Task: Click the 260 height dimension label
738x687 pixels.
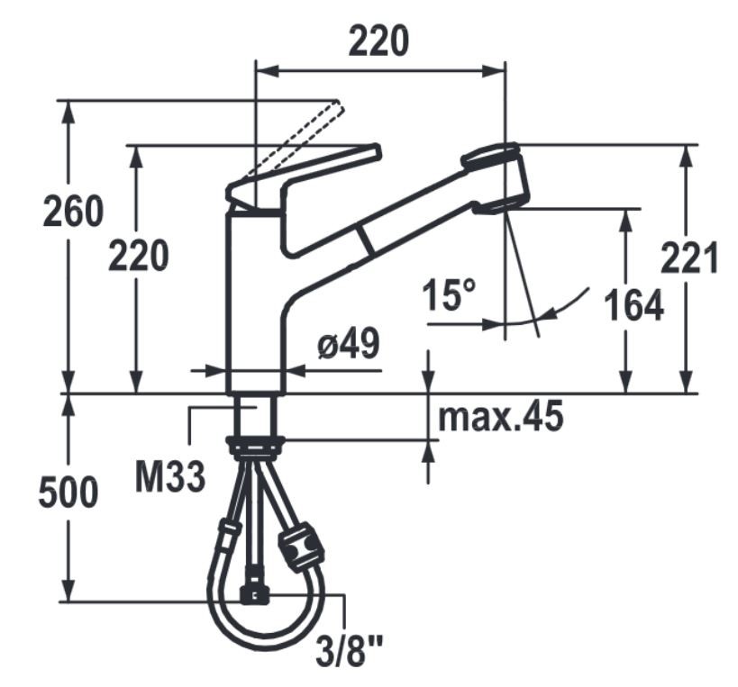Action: point(73,211)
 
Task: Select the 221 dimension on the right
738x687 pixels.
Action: point(689,258)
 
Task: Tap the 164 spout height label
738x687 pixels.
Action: point(633,305)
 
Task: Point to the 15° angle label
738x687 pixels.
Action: point(450,294)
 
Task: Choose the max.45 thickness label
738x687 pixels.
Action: point(501,416)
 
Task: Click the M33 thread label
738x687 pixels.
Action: point(170,477)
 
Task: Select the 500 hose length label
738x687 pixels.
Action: point(68,493)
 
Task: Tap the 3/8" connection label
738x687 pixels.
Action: point(349,651)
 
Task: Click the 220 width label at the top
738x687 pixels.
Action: point(378,41)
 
